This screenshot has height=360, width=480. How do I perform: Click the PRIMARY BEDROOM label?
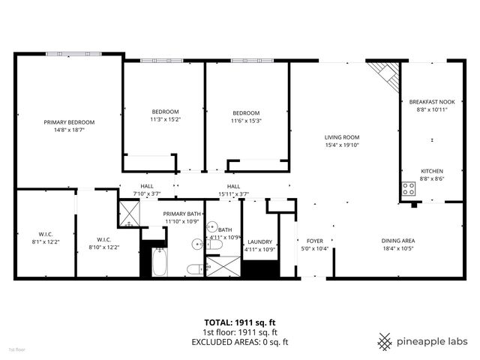[x=68, y=121]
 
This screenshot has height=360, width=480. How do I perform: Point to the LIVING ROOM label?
[x=342, y=137]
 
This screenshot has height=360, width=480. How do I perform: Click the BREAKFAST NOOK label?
[x=431, y=101]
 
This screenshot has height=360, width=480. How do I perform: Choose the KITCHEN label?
[x=431, y=171]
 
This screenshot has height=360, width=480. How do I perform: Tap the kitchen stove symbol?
[x=409, y=190]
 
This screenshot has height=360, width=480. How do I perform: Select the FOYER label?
[x=313, y=241]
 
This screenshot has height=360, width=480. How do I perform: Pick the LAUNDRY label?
[x=259, y=241]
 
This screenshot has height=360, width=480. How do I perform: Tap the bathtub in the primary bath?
[x=158, y=262]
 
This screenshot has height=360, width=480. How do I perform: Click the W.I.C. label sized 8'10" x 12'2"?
[x=104, y=239]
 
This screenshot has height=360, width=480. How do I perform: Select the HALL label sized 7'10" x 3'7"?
[x=147, y=186]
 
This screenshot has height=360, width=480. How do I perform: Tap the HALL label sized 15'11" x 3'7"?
[x=233, y=186]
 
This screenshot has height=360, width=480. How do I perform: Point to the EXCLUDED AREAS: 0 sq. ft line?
[x=240, y=342]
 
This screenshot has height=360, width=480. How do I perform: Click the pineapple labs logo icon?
[x=385, y=341]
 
